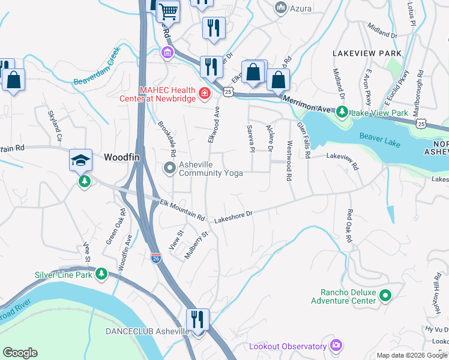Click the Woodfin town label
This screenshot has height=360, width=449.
tap(125, 157)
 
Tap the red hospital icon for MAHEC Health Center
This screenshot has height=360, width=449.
tap(204, 93)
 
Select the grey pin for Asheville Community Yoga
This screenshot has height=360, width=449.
tap(170, 168)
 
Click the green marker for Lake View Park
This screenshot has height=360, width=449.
tap(342, 112)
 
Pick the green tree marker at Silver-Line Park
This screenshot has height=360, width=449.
tap(101, 274)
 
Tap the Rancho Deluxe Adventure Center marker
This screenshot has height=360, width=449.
tap(385, 295)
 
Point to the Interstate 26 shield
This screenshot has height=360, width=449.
tap(156, 257)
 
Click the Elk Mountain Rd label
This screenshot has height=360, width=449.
tap(182, 210)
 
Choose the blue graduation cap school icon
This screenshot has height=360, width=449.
tap(80, 160)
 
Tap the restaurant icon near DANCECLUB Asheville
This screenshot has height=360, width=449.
tap(197, 319)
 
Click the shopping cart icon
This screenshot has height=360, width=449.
tap(168, 10)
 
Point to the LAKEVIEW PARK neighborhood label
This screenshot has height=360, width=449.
tap(367, 53)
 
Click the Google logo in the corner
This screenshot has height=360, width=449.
tap(20, 353)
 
